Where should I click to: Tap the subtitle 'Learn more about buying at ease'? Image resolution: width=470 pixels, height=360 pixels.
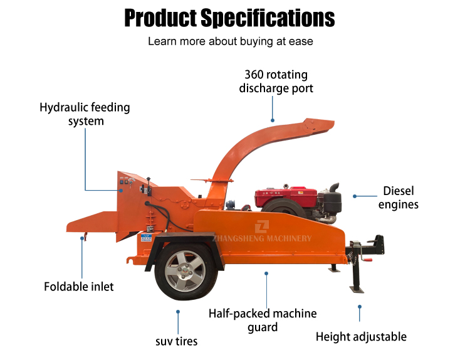click(x=230, y=42)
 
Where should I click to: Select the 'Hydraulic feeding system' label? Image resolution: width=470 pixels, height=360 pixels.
click(x=85, y=114)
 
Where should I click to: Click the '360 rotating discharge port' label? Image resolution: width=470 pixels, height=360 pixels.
click(x=276, y=82)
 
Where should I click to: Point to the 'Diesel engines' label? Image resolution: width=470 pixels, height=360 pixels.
click(x=399, y=198)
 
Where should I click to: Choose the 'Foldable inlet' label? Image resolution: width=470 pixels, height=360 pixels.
click(x=79, y=287)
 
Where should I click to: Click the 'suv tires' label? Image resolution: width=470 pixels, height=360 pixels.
click(x=177, y=341)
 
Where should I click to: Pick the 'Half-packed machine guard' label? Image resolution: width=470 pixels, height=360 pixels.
click(x=263, y=320)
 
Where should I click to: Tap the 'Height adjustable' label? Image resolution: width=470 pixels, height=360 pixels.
click(x=361, y=337)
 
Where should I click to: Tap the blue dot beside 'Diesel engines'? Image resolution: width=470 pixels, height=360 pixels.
click(x=355, y=196)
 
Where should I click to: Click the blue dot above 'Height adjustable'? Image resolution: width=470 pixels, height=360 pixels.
click(x=360, y=306)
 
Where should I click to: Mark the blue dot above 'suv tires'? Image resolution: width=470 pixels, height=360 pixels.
click(x=177, y=311)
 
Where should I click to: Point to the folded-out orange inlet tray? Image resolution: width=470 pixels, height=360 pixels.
click(x=94, y=220)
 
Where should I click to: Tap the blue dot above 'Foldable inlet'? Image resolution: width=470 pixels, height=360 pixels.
click(x=82, y=238)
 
